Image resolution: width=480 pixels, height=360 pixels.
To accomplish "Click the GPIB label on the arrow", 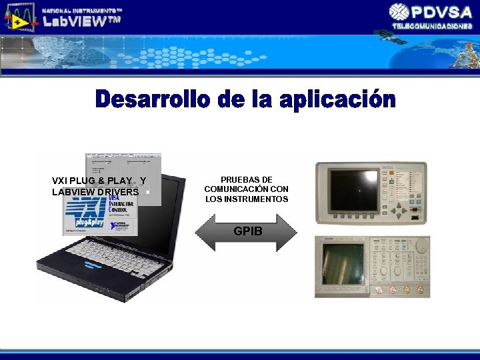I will coord(248,232).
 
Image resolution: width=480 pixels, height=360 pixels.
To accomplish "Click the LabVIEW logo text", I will coord(81,21).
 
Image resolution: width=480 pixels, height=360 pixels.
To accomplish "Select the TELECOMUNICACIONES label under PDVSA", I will coord(432,25).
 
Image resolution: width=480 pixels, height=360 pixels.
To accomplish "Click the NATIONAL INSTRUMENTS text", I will coord(82,11).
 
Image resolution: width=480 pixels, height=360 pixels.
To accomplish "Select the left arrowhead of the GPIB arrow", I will coord(203,232).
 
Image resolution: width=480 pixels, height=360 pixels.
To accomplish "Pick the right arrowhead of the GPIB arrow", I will coord(289,232).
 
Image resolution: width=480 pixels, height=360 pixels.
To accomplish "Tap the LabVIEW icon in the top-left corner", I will coord(19,17).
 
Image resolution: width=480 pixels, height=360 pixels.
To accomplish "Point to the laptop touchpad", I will coord(113,287).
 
